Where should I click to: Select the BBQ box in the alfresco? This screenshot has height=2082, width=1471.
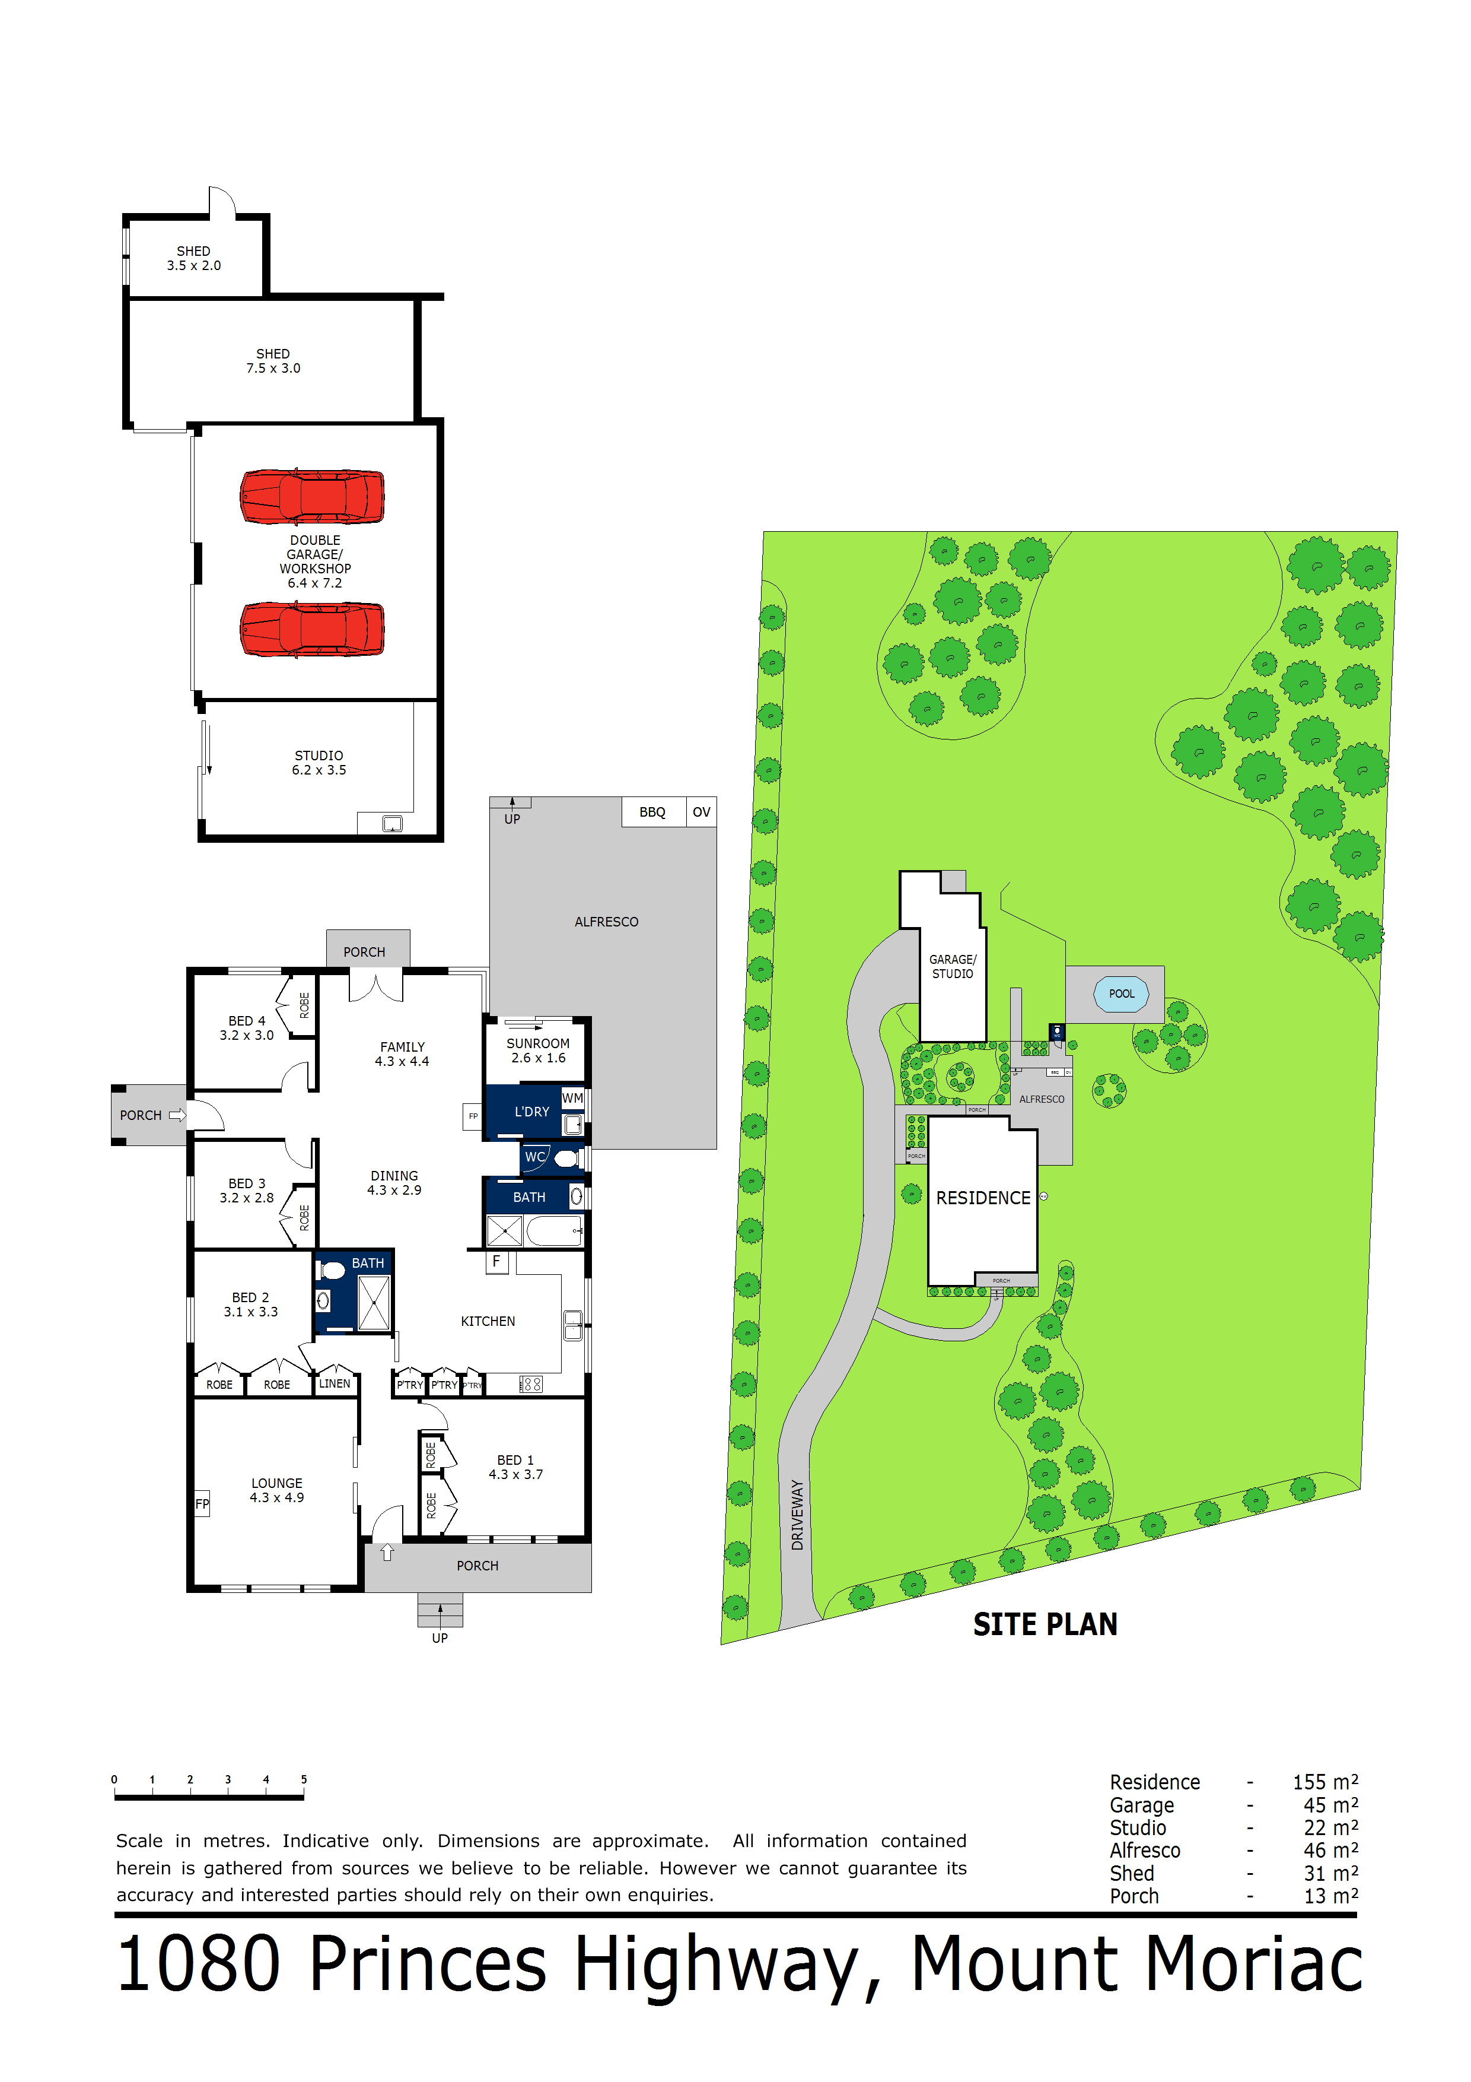pyautogui.click(x=652, y=813)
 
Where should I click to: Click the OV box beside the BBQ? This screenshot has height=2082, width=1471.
pyautogui.click(x=702, y=813)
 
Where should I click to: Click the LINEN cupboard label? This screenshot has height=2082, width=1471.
pyautogui.click(x=335, y=1384)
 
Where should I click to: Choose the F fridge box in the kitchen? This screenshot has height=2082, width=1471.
pyautogui.click(x=496, y=1261)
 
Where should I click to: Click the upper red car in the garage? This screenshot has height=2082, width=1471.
pyautogui.click(x=312, y=496)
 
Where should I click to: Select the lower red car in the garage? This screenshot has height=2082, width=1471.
pyautogui.click(x=312, y=629)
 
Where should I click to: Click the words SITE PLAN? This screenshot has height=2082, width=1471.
pyautogui.click(x=1045, y=1624)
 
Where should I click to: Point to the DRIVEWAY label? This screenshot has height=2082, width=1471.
pyautogui.click(x=797, y=1515)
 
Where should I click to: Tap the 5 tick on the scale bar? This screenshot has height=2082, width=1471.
pyautogui.click(x=304, y=1779)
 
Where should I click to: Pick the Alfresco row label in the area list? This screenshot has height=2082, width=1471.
pyautogui.click(x=1145, y=1850)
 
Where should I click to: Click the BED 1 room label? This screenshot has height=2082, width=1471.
pyautogui.click(x=515, y=1467)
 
